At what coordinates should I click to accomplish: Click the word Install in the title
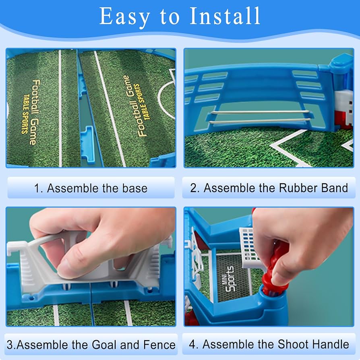click(x=225, y=16)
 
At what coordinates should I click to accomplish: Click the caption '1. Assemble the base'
click(x=91, y=188)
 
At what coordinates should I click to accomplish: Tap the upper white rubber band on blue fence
click(x=261, y=112)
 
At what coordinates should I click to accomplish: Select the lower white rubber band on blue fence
click(x=259, y=121)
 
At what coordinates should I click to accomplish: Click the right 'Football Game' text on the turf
click(x=134, y=106)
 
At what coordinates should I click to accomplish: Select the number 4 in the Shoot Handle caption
click(x=192, y=344)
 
